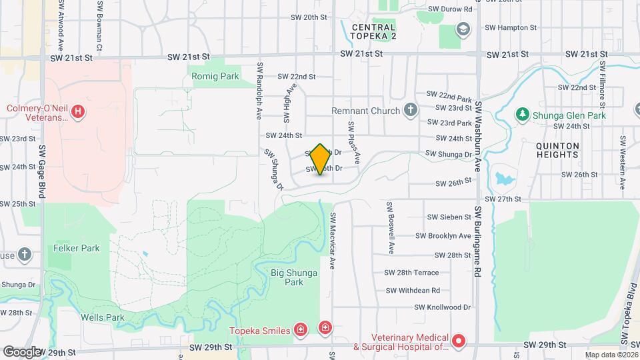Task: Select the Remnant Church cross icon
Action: click(x=411, y=110)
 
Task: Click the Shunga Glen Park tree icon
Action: click(x=523, y=115)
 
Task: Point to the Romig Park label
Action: click(x=215, y=77)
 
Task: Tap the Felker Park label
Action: click(x=76, y=248)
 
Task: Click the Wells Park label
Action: click(x=103, y=317)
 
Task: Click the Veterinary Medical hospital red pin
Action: click(x=458, y=341)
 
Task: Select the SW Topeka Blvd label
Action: click(x=627, y=320)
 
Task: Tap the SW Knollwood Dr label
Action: click(x=443, y=307)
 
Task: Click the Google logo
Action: click(x=21, y=351)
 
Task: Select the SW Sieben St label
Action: click(x=449, y=217)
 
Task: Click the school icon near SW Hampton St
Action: click(x=463, y=29)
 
